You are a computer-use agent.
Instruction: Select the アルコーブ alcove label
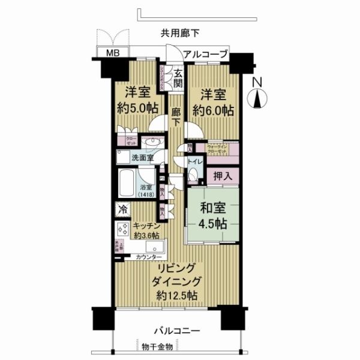pyautogui.click(x=206, y=55)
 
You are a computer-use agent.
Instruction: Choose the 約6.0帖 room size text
pyautogui.click(x=213, y=111)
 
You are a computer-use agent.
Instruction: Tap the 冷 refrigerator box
pyautogui.click(x=122, y=210)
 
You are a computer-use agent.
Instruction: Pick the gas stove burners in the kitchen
pyautogui.click(x=124, y=229)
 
